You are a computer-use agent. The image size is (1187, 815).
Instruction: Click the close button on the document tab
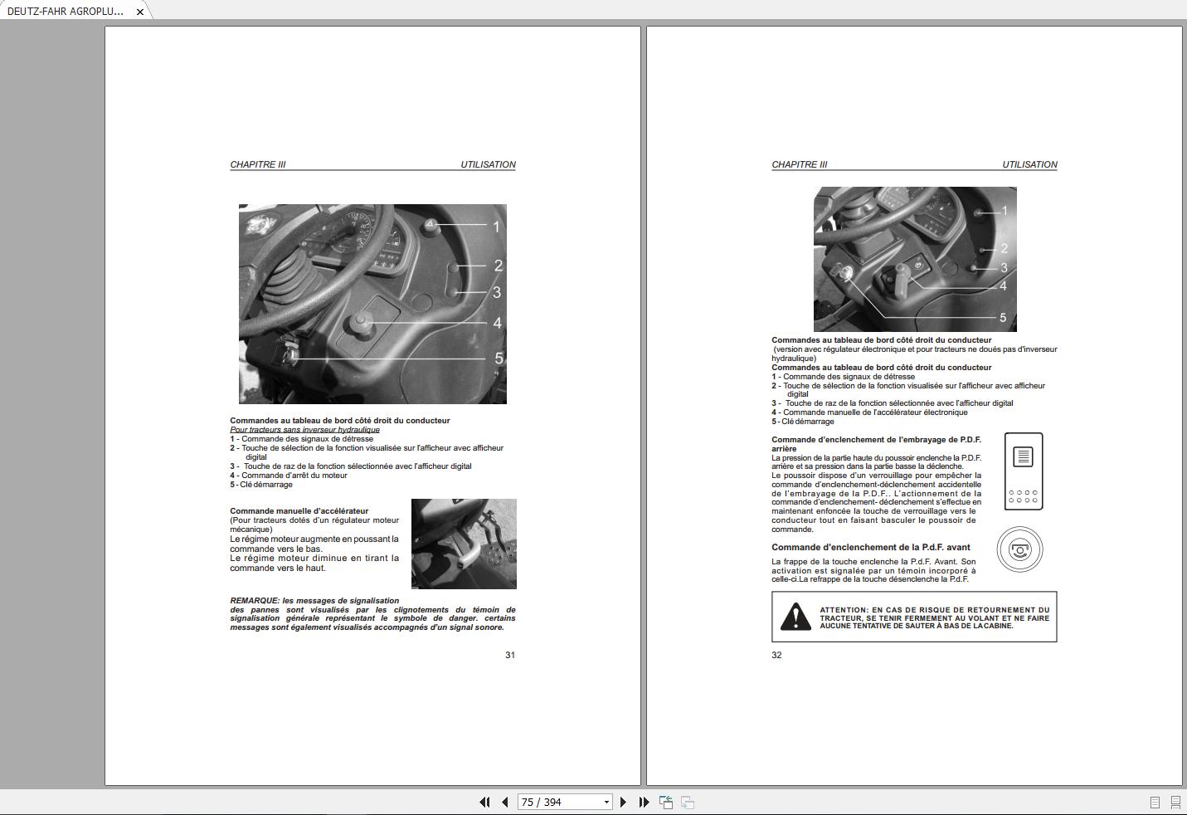(140, 12)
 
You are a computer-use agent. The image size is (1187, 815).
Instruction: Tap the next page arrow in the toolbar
(623, 802)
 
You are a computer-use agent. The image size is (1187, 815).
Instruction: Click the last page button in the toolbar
(644, 802)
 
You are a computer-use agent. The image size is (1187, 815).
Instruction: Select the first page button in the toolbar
(484, 802)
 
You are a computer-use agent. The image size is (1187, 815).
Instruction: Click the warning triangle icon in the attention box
(795, 617)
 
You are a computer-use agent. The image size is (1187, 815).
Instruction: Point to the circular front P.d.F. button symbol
(1019, 549)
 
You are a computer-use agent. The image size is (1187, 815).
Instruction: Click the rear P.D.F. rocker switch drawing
(1024, 471)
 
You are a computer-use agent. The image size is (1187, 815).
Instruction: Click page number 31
(510, 655)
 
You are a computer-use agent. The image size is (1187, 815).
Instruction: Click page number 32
(776, 655)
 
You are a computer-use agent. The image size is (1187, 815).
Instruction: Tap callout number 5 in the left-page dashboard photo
(499, 359)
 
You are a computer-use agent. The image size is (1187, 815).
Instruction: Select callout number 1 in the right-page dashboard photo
(1005, 211)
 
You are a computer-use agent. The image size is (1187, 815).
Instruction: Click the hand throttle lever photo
(464, 544)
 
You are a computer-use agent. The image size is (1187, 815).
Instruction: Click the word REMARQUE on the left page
(255, 601)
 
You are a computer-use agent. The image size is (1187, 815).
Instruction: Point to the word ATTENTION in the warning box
(844, 610)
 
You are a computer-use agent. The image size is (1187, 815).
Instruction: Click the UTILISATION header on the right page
(1029, 164)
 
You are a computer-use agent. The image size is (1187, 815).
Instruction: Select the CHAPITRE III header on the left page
(257, 164)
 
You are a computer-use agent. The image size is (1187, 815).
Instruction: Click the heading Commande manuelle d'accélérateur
(299, 511)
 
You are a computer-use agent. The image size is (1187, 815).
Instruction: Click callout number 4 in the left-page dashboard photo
(497, 323)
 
